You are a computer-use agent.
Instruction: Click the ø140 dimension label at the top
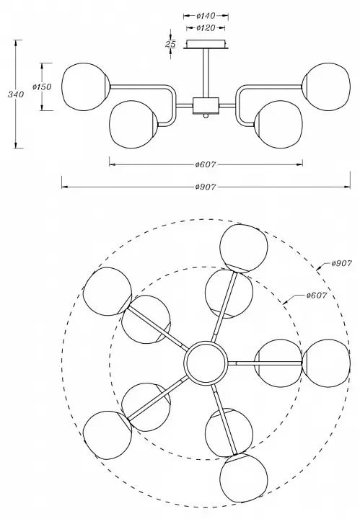(x=206, y=16)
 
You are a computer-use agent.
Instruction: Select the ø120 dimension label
(x=206, y=28)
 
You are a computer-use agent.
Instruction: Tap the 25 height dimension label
(x=170, y=44)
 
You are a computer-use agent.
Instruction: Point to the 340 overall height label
(x=16, y=94)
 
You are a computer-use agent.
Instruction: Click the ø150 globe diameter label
(x=42, y=86)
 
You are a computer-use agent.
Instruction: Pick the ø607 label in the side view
(x=206, y=164)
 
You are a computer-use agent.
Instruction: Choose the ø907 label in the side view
(x=206, y=187)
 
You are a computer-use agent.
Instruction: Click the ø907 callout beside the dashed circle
(x=341, y=264)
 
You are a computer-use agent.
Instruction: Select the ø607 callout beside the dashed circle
(x=317, y=295)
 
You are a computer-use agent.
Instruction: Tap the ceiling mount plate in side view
(x=206, y=45)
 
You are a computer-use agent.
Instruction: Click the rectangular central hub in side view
(x=206, y=105)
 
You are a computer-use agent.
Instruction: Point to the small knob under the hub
(x=206, y=116)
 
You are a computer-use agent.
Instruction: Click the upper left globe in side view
(x=85, y=86)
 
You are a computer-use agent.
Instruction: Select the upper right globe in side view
(x=326, y=86)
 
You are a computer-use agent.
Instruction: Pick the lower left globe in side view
(x=133, y=124)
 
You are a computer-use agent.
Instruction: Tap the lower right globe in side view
(x=278, y=124)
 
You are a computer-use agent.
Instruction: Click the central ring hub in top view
(x=206, y=363)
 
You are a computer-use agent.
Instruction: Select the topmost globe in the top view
(x=244, y=248)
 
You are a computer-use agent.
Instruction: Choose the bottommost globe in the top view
(x=244, y=478)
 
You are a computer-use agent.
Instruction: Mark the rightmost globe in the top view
(x=326, y=363)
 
